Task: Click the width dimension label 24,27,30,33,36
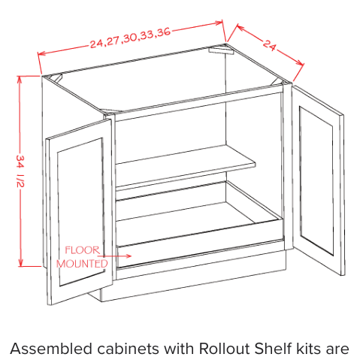tap(130, 38)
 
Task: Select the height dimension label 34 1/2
tap(20, 171)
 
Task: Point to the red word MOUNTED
tap(82, 264)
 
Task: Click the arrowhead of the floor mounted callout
tap(129, 256)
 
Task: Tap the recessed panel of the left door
tap(80, 212)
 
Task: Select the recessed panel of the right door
tap(316, 180)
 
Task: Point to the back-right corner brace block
tap(220, 50)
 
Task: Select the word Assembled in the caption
tap(51, 349)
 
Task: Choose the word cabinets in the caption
tap(128, 349)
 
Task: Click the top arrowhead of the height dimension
tap(20, 79)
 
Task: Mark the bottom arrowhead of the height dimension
tap(20, 263)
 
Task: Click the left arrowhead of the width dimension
tap(41, 53)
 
